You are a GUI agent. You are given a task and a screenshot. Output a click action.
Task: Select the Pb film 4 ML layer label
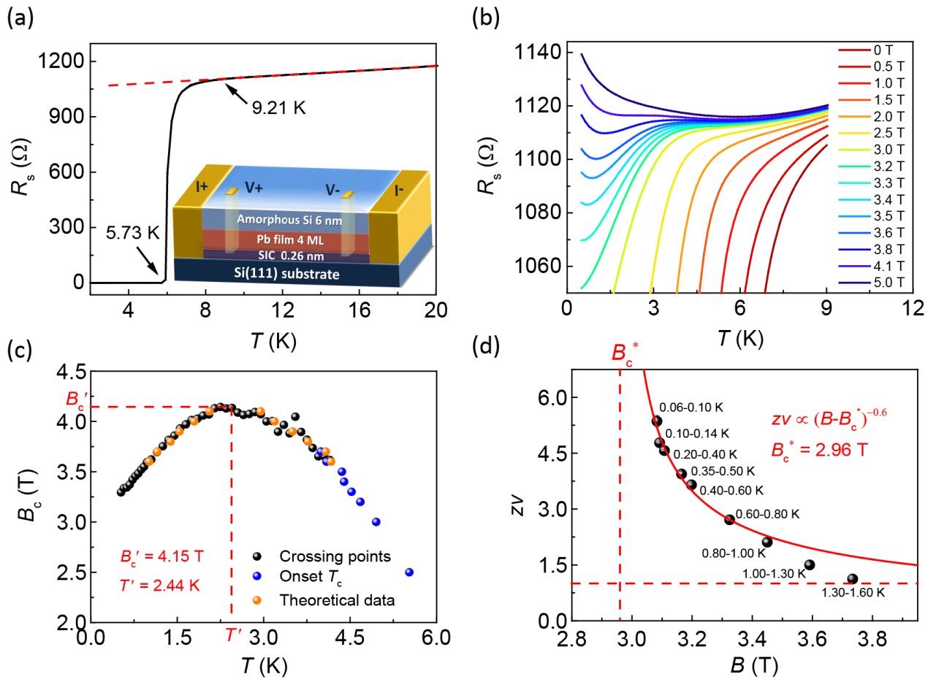pos(280,240)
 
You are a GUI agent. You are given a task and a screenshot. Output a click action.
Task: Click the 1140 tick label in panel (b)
pos(533,53)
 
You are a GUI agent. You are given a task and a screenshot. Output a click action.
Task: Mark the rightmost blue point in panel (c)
pos(409,572)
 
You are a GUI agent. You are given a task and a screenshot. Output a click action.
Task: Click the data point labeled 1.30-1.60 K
pos(852,579)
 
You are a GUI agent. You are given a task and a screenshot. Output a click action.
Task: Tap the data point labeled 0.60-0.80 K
pos(729,519)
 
